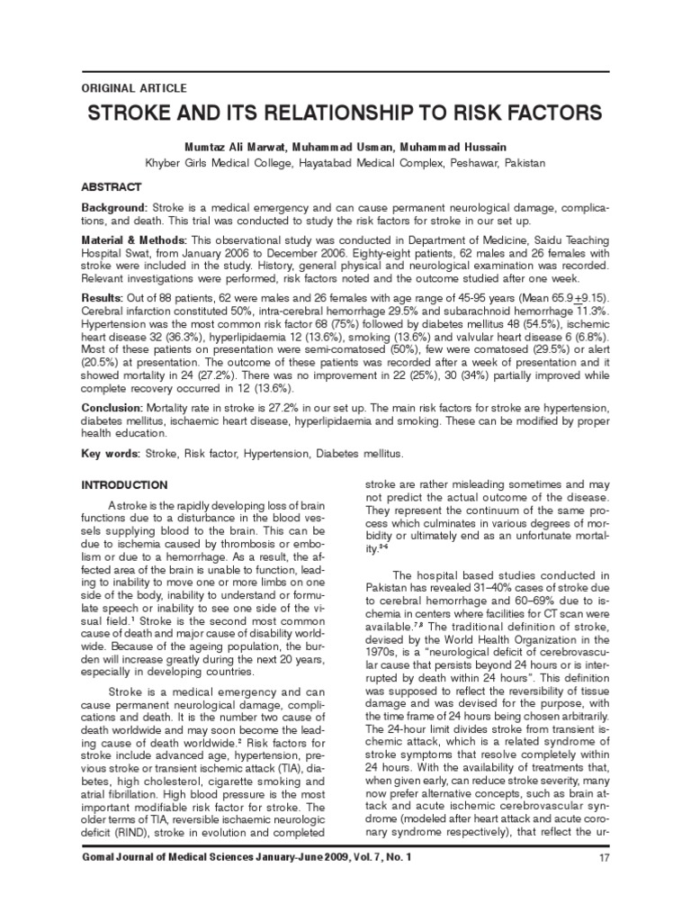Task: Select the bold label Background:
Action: click(116, 209)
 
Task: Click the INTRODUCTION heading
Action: click(124, 484)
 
